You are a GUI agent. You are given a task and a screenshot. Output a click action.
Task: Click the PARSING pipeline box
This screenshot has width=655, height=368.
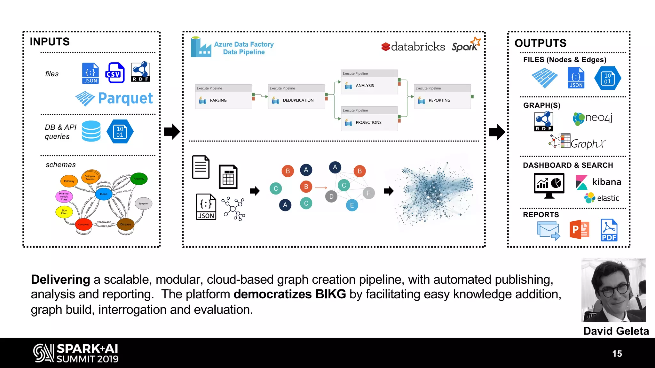pos(224,97)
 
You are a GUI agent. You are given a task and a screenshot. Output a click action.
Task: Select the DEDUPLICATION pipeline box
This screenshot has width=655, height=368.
pos(296,97)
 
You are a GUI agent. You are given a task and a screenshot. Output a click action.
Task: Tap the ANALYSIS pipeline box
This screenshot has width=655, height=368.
pos(369,82)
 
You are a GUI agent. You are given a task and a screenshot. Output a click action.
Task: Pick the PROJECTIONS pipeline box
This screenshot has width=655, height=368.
pos(369,119)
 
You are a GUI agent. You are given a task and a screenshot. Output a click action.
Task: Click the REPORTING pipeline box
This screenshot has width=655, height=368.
pos(442,97)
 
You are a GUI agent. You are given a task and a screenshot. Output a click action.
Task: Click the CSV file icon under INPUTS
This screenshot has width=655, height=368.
pos(115,73)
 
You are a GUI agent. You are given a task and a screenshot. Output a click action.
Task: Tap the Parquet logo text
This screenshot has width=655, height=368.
pos(125,98)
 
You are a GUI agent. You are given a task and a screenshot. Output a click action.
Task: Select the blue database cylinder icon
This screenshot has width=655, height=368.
pos(91,131)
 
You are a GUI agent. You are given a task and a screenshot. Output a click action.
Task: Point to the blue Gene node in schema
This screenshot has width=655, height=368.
pos(104,194)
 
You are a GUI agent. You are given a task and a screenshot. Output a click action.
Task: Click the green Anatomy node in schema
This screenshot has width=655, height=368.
pos(139,179)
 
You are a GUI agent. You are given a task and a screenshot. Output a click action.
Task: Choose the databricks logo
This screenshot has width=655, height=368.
pos(413,47)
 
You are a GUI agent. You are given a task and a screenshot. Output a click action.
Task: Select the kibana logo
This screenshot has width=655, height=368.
pos(598,182)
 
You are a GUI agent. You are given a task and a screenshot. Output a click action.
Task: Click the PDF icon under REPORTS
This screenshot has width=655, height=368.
pos(609,230)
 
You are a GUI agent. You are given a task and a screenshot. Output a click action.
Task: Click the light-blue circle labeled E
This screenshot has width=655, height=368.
pos(352,205)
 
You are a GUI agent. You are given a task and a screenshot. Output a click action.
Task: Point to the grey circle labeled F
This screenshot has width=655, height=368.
pos(368,193)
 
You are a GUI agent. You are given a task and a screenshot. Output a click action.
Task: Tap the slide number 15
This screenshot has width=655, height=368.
pos(617,354)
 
